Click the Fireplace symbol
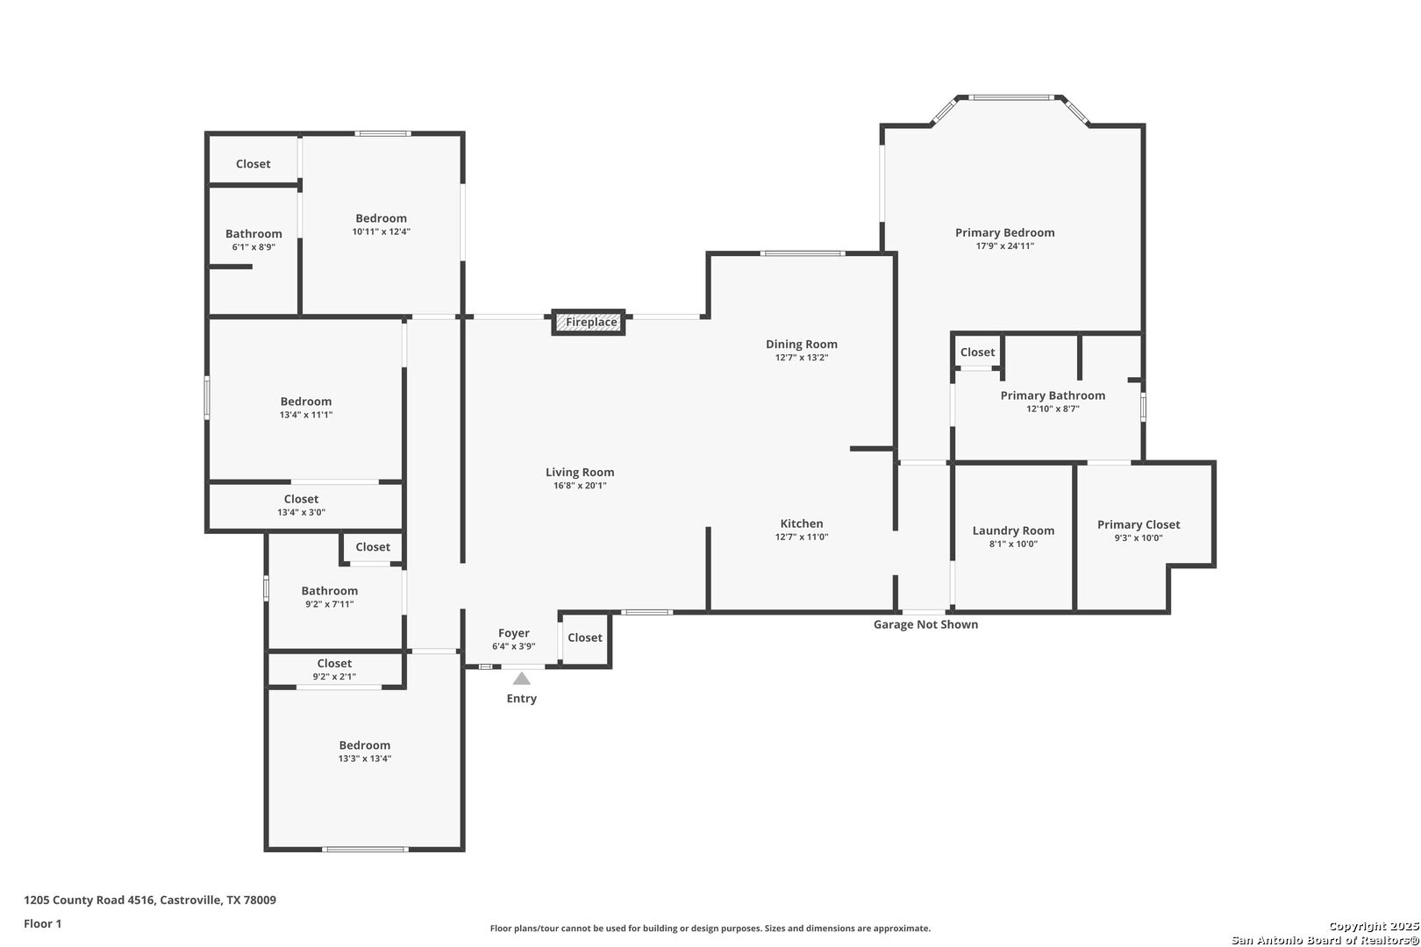tap(588, 322)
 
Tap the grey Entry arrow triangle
tap(521, 679)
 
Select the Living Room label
tap(580, 472)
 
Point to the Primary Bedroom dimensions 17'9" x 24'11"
tap(1005, 246)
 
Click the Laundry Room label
tap(1013, 530)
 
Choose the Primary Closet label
tap(1139, 524)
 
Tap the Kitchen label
tap(802, 523)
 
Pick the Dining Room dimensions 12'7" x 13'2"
tap(802, 358)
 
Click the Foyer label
tap(514, 633)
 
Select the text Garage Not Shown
tap(925, 624)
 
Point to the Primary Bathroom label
tap(1053, 395)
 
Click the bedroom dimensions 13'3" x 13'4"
tap(365, 758)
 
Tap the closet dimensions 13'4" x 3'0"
tap(302, 512)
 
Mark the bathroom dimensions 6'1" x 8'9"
tap(253, 247)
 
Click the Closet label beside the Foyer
tap(585, 637)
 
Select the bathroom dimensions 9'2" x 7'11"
tap(330, 604)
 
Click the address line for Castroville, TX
tap(150, 900)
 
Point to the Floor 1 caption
tap(42, 923)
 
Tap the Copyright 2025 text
tap(1374, 926)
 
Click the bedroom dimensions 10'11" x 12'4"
tap(382, 231)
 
